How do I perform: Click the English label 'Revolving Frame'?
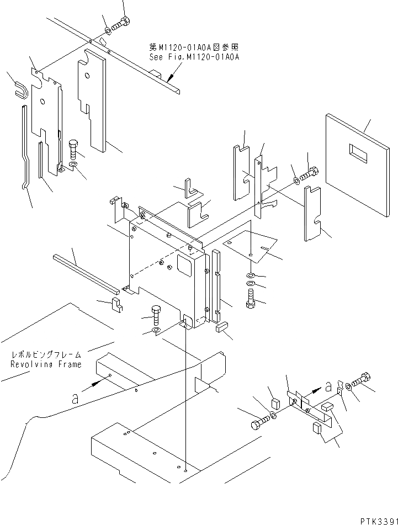(x=46, y=364)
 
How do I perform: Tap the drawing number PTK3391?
(x=376, y=519)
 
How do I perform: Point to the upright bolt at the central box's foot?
(x=156, y=316)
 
